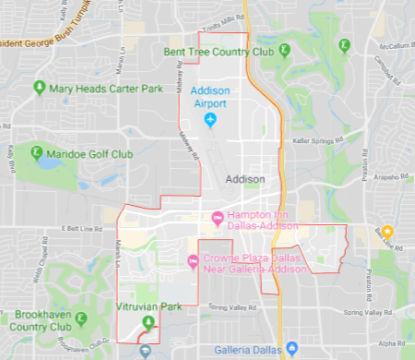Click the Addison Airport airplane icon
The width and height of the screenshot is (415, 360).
pos(210,121)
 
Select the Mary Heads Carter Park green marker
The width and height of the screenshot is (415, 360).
pos(39,89)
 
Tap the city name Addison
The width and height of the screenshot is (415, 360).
pos(244,179)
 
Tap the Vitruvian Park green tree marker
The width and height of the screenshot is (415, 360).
pos(148,321)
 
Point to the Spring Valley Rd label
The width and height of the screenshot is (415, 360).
pos(231,306)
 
